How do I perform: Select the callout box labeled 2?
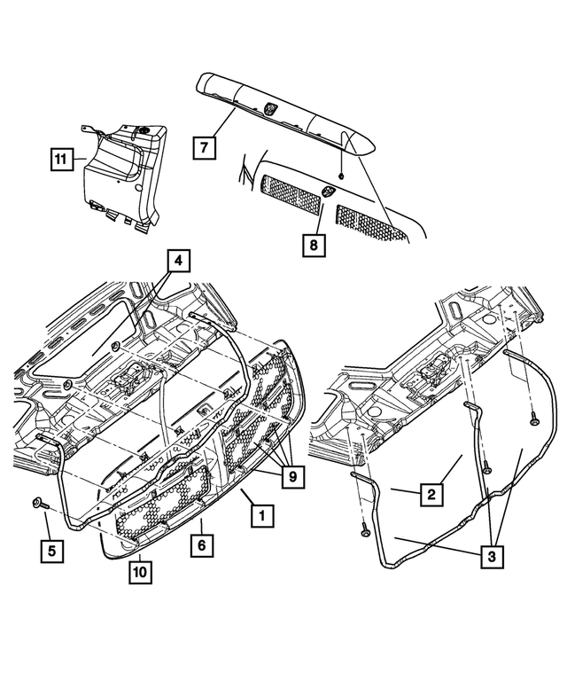(x=428, y=496)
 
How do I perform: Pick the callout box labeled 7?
(x=204, y=146)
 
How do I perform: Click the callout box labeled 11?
(x=59, y=160)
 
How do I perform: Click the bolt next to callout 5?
(x=37, y=503)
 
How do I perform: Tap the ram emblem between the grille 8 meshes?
(x=328, y=191)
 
